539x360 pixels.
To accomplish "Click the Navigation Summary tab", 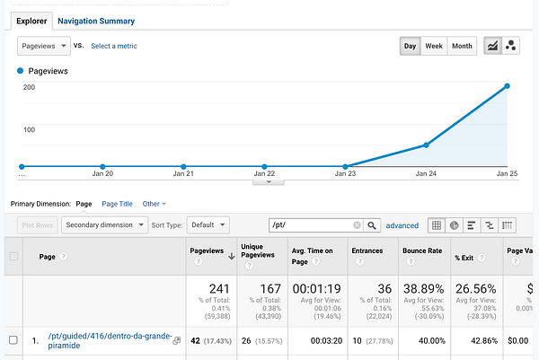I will click(x=95, y=21).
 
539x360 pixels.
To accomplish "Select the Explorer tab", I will click(x=31, y=21).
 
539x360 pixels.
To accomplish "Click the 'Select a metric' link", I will click(x=114, y=46).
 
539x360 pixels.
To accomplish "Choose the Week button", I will click(x=434, y=46).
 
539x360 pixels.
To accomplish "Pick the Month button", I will click(x=462, y=46).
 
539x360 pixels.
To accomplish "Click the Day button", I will click(x=410, y=46).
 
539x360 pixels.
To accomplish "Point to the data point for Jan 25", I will click(x=508, y=86).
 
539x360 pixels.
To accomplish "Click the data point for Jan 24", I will click(x=426, y=145).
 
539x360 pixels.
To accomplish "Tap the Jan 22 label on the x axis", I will click(x=263, y=174).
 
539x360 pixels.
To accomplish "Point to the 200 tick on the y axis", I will click(x=29, y=87).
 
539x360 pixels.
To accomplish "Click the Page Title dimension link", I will click(x=117, y=204).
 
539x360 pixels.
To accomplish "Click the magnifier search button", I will click(x=372, y=225).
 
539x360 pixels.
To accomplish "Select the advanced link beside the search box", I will click(x=402, y=225).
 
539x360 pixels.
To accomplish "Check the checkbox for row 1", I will click(x=13, y=339).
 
